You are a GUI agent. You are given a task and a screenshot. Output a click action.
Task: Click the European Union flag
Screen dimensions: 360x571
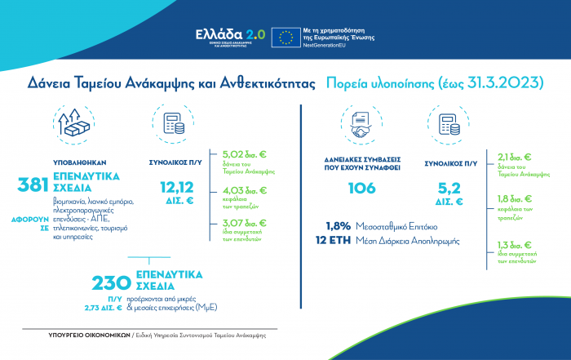[285, 38]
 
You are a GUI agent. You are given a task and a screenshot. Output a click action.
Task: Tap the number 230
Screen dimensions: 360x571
[112, 283]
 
